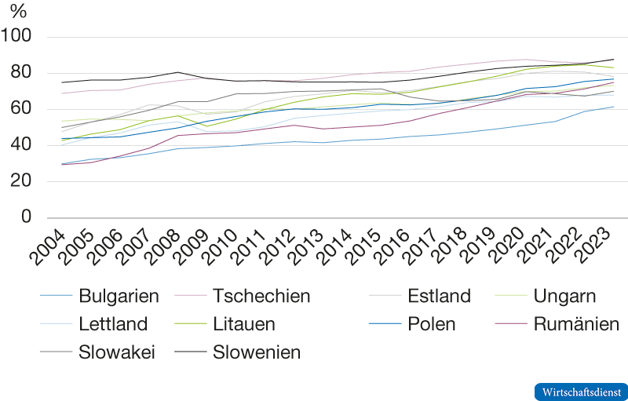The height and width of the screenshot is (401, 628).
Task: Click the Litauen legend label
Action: (x=244, y=324)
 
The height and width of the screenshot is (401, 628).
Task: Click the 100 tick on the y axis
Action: (x=16, y=37)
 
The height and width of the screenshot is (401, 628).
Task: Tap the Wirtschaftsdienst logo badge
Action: (x=579, y=391)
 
